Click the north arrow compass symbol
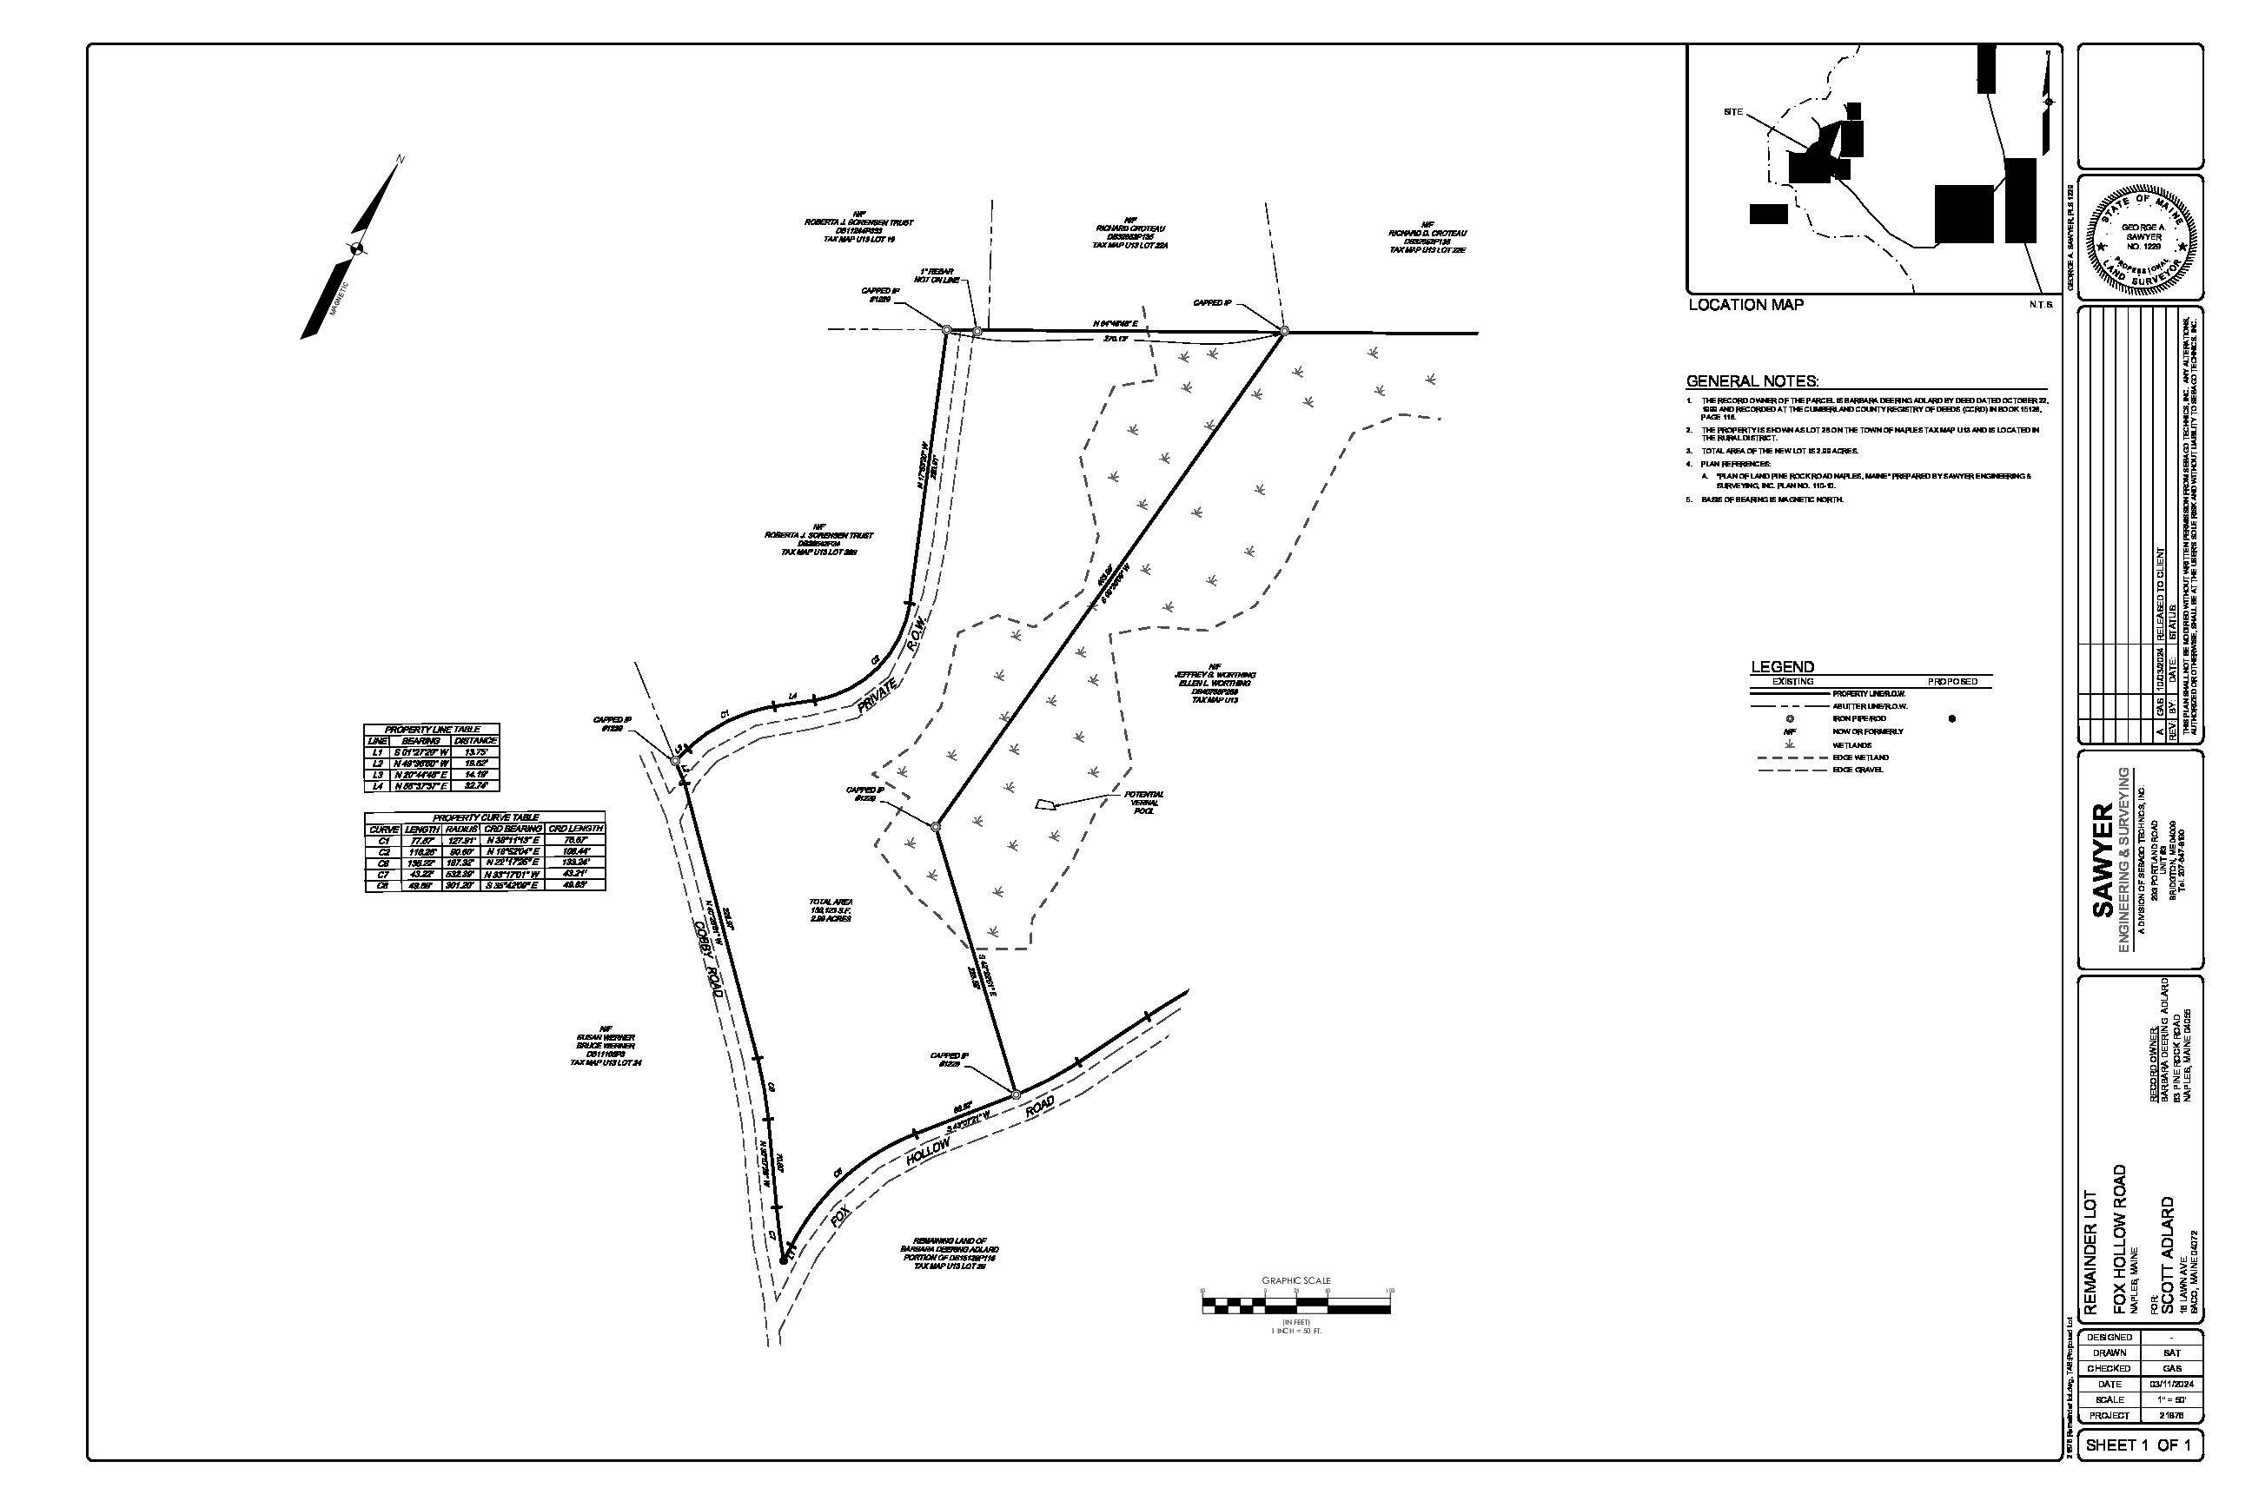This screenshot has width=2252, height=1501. pos(355,249)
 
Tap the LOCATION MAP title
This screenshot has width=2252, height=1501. pos(1745,304)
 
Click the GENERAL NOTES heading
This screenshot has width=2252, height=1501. pos(1752,381)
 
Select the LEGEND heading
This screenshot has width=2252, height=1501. pos(1782,666)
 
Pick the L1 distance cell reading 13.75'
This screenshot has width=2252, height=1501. pos(475,752)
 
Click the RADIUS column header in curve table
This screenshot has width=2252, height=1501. pos(462,828)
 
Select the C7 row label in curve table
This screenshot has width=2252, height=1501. pos(383,875)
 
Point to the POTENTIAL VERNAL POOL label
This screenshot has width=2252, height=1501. pos(1144,797)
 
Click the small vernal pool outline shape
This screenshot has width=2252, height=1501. pos(1047,804)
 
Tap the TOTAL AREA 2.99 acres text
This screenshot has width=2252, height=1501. pos(830,909)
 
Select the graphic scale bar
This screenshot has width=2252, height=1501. pos(1295,1304)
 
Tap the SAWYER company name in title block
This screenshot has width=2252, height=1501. pos(2103,861)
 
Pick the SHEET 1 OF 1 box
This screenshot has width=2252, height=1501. pos(2138,1471)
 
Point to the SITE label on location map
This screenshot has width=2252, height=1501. pos(1733,112)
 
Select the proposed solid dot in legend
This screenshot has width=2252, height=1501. pos(1952,718)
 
